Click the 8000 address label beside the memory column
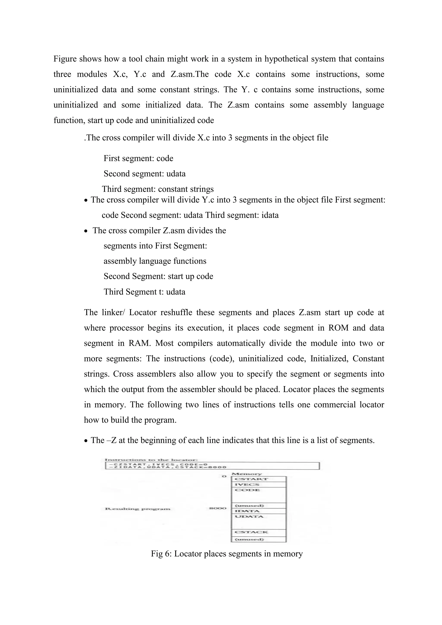point(218,508)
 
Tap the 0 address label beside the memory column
point(224,476)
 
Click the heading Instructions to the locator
point(151,460)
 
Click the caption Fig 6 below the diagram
point(227,554)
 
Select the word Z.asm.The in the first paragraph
point(189,74)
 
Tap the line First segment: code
point(138,158)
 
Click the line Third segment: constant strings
point(158,189)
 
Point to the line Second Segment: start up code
point(158,276)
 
